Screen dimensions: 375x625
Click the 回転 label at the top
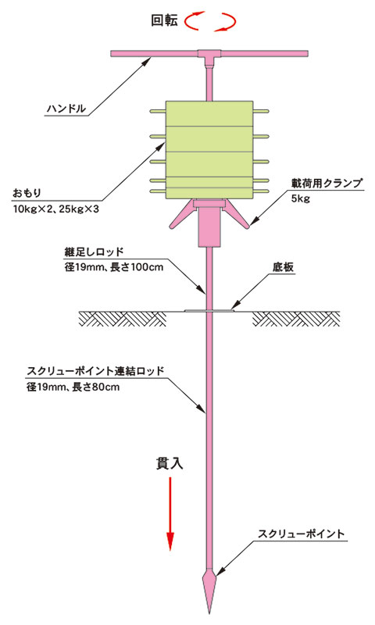click(164, 20)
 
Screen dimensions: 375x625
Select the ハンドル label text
click(66, 109)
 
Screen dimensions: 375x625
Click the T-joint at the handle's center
click(209, 56)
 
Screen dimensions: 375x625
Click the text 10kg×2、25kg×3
click(55, 209)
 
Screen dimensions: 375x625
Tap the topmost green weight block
click(209, 113)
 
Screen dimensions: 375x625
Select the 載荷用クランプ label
click(327, 183)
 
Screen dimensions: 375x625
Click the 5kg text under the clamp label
click(301, 198)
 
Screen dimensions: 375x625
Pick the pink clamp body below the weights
click(209, 223)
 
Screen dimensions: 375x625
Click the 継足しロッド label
click(94, 252)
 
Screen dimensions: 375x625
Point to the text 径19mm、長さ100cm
click(114, 267)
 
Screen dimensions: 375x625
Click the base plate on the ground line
click(209, 310)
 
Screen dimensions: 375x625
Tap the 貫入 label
click(170, 463)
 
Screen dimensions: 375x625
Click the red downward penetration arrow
click(170, 513)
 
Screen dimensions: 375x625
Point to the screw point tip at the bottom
click(209, 612)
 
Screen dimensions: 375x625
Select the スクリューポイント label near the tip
click(301, 534)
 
